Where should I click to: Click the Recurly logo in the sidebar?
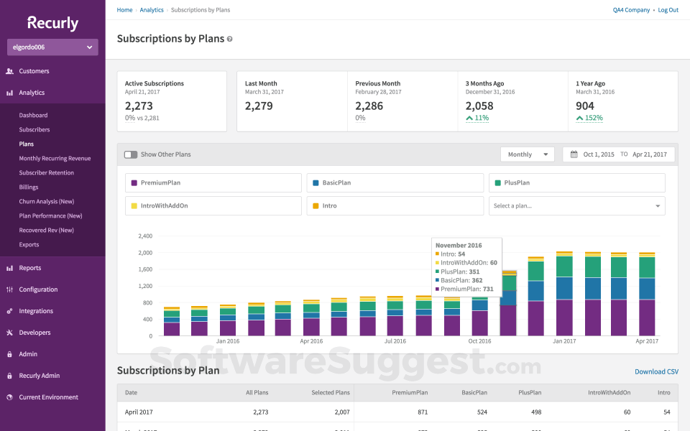[x=52, y=23]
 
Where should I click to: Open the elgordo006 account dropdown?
[x=52, y=47]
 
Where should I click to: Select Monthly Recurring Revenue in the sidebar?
[x=55, y=158]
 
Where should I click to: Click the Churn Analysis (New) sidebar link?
[x=46, y=201]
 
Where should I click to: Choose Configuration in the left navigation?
[x=38, y=289]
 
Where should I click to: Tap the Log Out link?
[x=668, y=10]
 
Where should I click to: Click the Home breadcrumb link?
[x=124, y=10]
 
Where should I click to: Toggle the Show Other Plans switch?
[x=131, y=154]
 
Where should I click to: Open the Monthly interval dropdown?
[x=527, y=154]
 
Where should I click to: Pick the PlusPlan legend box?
[x=576, y=183]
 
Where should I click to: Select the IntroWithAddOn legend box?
[x=213, y=206]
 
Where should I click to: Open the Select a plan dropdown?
[x=576, y=206]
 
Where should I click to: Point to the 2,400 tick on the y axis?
[x=144, y=236]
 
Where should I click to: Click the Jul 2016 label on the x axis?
[x=394, y=341]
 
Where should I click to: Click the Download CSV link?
[x=656, y=371]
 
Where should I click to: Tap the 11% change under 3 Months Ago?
[x=477, y=118]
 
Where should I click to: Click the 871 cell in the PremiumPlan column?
[x=422, y=412]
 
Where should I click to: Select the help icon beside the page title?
[x=230, y=39]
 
